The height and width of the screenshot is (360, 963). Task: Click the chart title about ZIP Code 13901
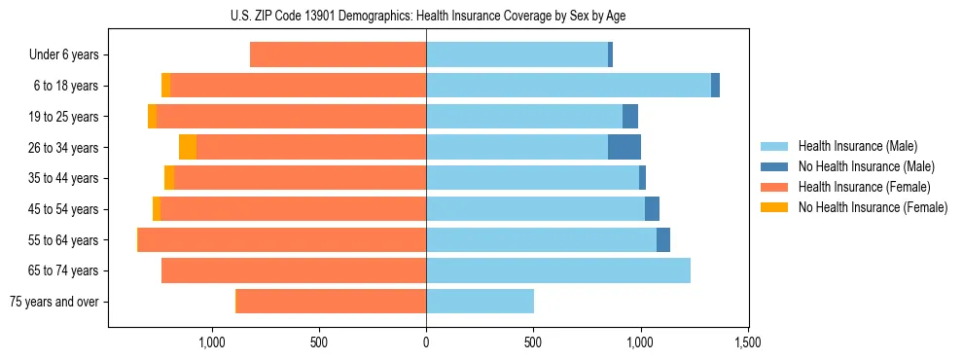coord(426,16)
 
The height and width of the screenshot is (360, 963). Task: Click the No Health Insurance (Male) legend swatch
coord(774,166)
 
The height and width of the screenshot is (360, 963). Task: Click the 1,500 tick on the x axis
coord(747,342)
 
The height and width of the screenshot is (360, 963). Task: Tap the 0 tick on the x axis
coord(426,342)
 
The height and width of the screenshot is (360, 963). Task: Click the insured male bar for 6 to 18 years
coord(568,86)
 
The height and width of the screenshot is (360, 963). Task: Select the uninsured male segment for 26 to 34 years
coord(624,147)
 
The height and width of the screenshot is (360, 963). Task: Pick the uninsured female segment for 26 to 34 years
coord(188,147)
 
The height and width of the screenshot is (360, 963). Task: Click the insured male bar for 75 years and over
coord(480,302)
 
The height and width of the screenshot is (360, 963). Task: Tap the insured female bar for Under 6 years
coord(338,55)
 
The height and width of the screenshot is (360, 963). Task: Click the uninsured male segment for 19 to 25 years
coord(630,117)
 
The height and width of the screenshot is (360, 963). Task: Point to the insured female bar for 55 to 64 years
coord(282,240)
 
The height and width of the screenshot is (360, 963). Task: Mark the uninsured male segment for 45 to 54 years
coord(652,209)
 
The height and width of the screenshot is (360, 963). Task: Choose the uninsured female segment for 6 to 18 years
coord(165,86)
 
